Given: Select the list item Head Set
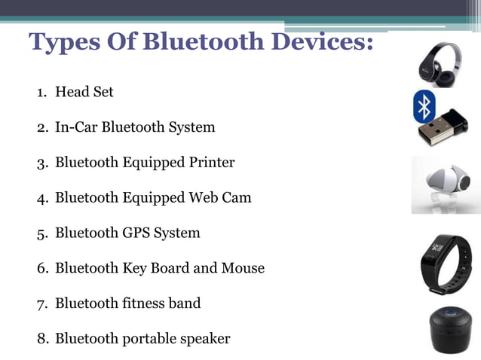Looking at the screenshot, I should (x=84, y=92).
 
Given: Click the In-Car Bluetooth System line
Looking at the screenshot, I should (x=134, y=127).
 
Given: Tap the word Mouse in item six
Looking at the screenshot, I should (x=243, y=267).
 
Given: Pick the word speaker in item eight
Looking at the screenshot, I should (x=204, y=338).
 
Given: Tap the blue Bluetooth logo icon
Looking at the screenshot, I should (x=424, y=107).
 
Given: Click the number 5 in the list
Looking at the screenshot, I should (x=41, y=233).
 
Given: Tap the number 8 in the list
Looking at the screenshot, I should (x=41, y=339).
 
